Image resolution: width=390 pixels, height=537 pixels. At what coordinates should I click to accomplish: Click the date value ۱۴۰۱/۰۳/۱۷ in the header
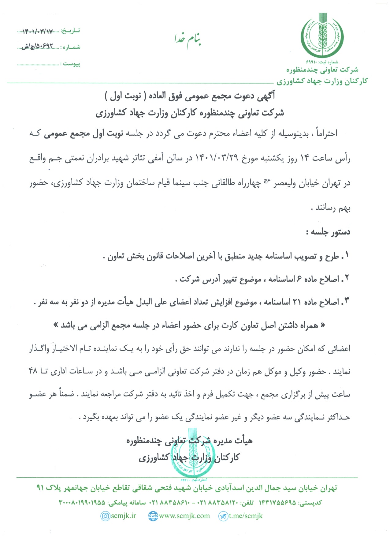[x=38, y=31]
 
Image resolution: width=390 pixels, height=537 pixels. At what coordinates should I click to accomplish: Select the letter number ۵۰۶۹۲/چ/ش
[x=37, y=47]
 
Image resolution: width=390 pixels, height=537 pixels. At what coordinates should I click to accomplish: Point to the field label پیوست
[x=72, y=64]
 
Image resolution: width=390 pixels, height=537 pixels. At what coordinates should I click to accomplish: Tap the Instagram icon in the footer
[x=105, y=516]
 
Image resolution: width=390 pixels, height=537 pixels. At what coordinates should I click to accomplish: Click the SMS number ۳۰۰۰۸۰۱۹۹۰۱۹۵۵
[x=82, y=502]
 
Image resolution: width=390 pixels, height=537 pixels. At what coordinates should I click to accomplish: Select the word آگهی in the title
[x=266, y=96]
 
